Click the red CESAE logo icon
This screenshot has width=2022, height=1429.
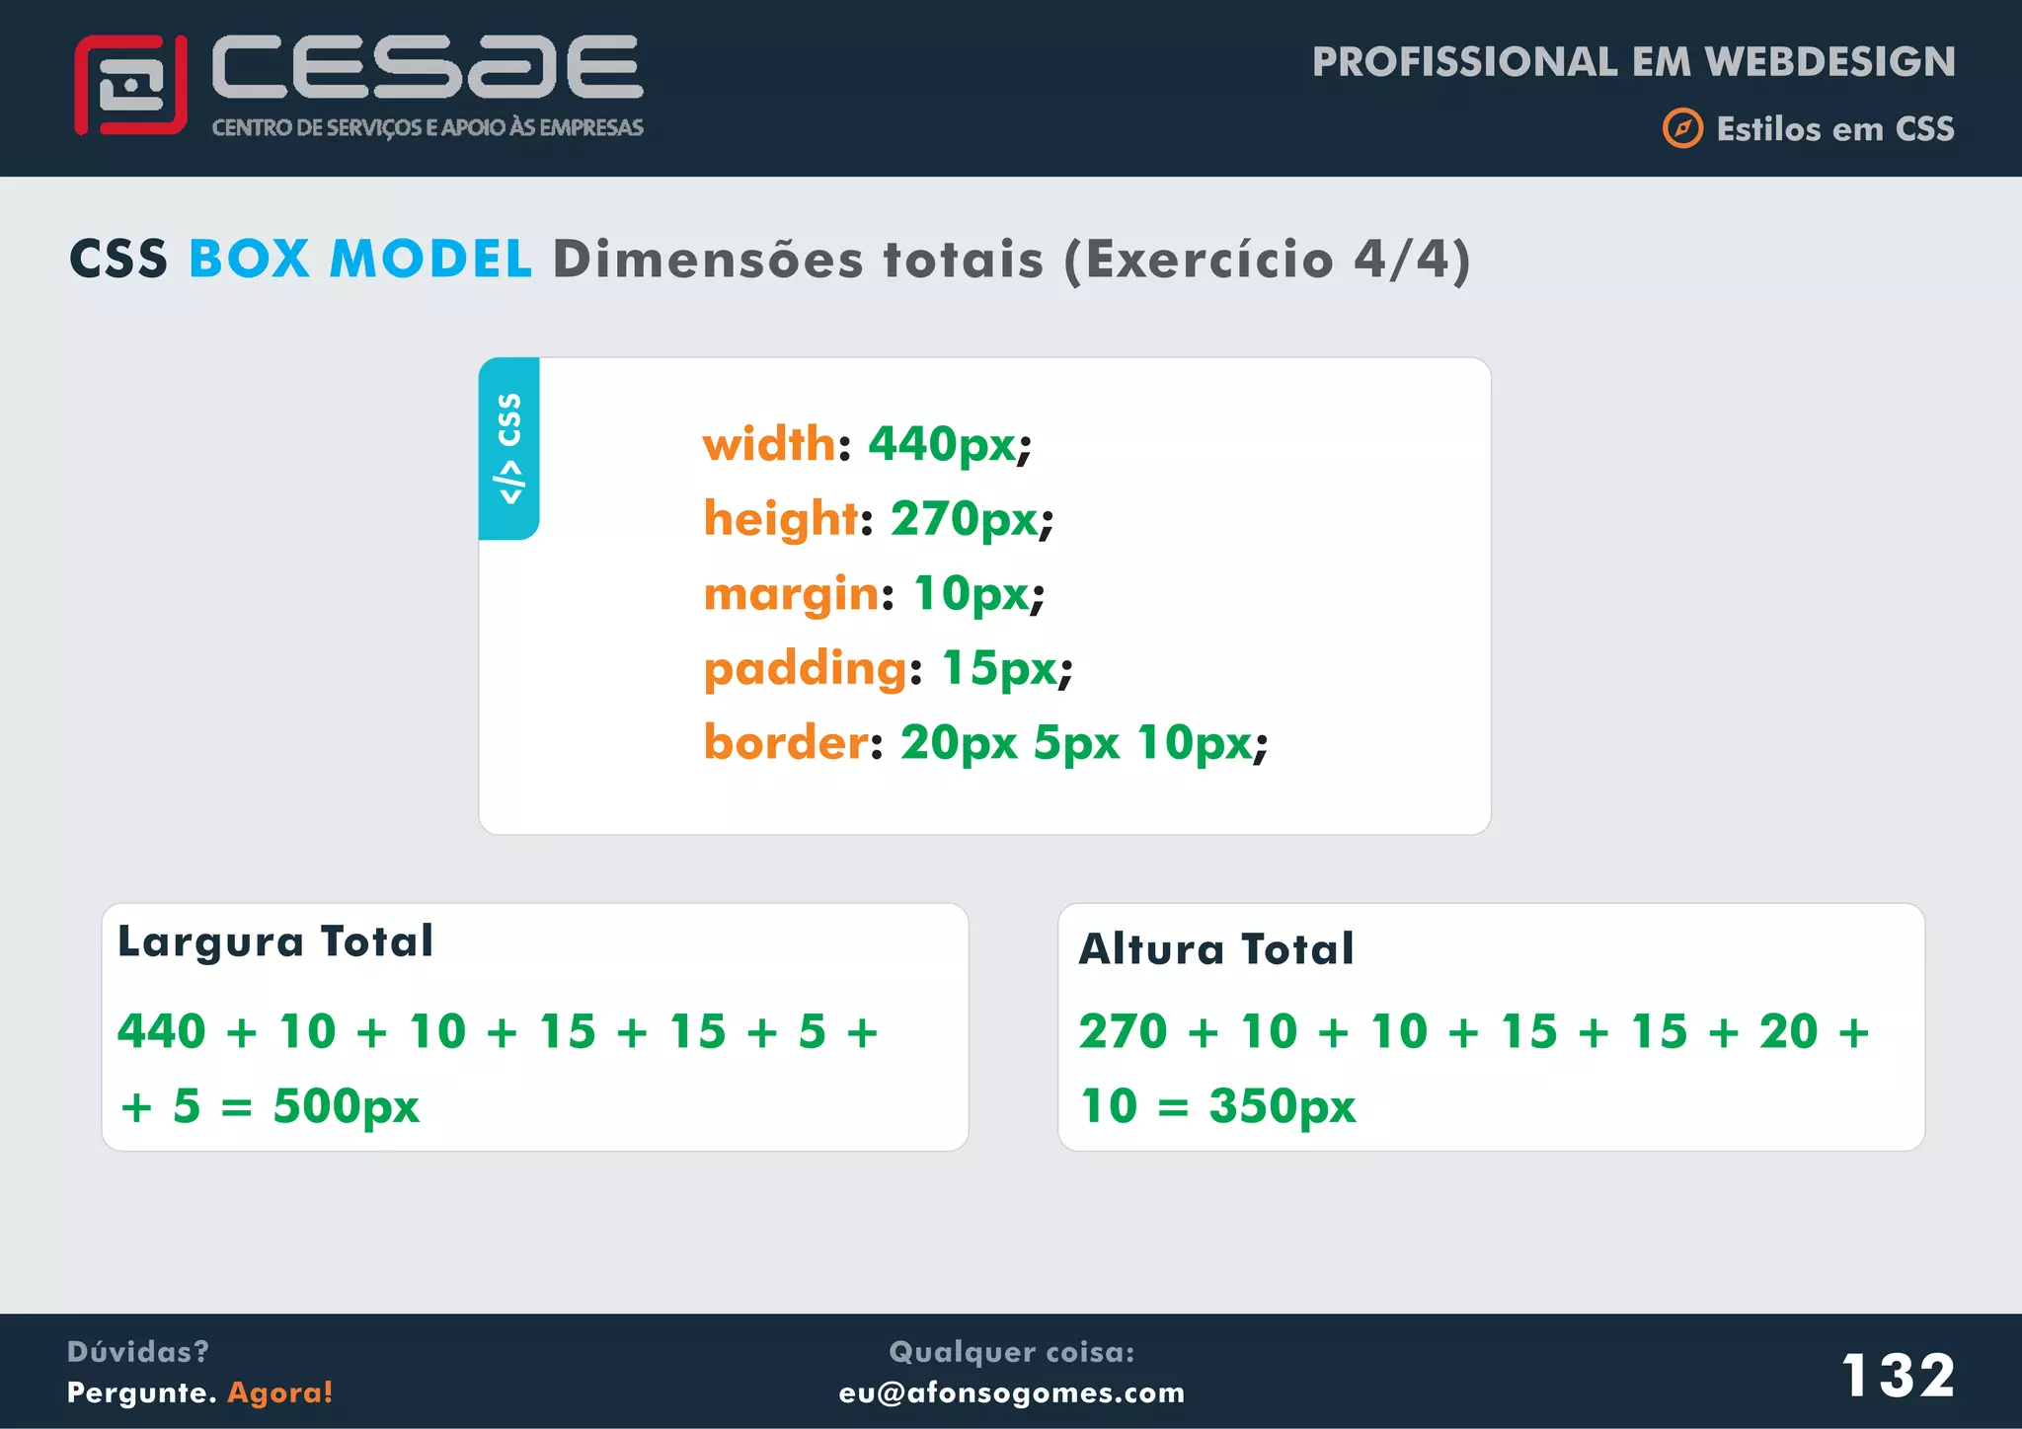coord(130,85)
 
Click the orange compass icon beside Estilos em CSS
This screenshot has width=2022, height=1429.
coord(1682,128)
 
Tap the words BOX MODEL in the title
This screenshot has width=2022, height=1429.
coord(360,260)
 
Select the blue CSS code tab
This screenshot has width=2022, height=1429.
coord(509,448)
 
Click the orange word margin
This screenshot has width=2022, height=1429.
coord(791,594)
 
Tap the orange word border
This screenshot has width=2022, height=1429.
coord(786,742)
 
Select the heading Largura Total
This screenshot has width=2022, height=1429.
coord(275,941)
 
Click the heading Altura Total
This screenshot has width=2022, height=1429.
coord(1216,949)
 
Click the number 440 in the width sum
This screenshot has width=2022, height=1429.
coord(162,1032)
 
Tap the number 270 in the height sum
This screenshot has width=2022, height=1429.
coord(1124,1032)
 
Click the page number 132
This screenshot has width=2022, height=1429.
coord(1898,1375)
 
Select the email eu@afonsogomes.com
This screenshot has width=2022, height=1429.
coord(1012,1392)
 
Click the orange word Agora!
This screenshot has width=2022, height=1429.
coord(280,1392)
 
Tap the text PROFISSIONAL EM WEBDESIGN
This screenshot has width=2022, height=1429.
coord(1633,62)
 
